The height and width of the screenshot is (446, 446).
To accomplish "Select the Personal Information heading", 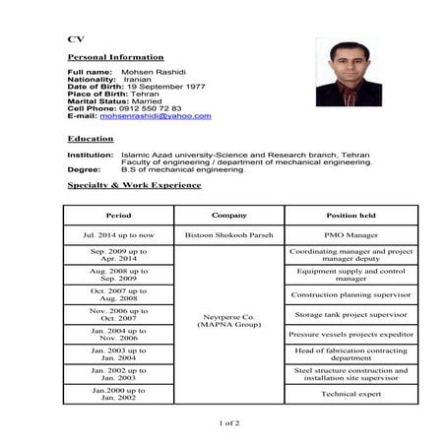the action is pyautogui.click(x=115, y=57).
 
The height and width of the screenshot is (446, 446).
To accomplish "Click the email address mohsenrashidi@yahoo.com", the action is pyautogui.click(x=156, y=116).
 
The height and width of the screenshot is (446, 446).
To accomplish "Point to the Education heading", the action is pyautogui.click(x=89, y=139).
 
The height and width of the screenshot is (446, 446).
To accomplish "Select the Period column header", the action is pyautogui.click(x=118, y=215).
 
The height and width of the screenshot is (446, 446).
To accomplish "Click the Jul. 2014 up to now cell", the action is pyautogui.click(x=118, y=235).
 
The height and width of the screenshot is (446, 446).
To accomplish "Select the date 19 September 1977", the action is pyautogui.click(x=164, y=87).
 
